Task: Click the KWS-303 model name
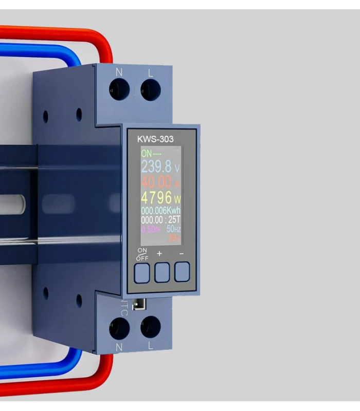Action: point(155,139)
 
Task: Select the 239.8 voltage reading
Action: point(157,166)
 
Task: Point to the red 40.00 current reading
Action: point(157,182)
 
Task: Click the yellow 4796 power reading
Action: point(157,198)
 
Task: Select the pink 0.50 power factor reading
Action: point(150,229)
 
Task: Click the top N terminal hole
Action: point(119,90)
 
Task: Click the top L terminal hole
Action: point(151,90)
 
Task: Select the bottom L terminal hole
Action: point(151,327)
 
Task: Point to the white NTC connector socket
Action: point(137,305)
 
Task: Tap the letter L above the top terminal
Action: point(150,73)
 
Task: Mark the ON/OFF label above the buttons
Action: point(142,254)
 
